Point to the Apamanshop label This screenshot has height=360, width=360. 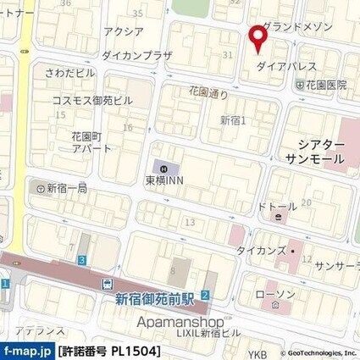click(x=174, y=321)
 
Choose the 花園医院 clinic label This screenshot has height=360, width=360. click(x=327, y=85)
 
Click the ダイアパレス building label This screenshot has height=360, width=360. click(x=286, y=65)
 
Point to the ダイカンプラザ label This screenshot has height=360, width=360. click(x=136, y=54)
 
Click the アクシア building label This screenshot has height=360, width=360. click(x=123, y=31)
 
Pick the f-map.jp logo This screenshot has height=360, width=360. click(x=27, y=350)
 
